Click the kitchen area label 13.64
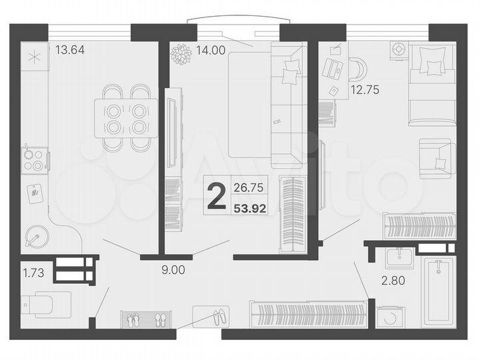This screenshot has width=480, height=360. coord(69,49)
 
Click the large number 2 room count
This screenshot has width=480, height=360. coord(216,198)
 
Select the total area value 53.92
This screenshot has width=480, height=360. coord(250,208)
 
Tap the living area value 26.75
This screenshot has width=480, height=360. coord(247,188)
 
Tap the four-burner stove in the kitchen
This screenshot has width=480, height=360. coord(34,160)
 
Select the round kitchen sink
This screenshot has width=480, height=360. coord(35,237)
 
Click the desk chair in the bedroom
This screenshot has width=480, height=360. coord(355,69)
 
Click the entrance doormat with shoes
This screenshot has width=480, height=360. coord(211,316)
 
